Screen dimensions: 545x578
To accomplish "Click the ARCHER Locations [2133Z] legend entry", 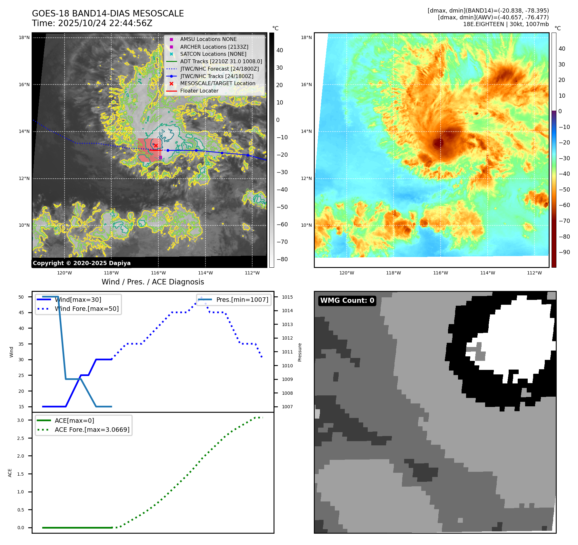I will pyautogui.click(x=214, y=47).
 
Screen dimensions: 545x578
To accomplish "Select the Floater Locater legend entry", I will pyautogui.click(x=199, y=91).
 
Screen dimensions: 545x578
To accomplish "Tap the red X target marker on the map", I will pyautogui.click(x=156, y=145).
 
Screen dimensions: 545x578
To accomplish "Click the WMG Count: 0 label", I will pyautogui.click(x=347, y=301).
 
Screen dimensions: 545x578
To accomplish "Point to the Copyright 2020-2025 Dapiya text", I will pyautogui.click(x=82, y=263).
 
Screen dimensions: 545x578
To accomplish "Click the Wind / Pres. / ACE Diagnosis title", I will pyautogui.click(x=153, y=282).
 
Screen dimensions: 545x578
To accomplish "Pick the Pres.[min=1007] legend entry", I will pyautogui.click(x=242, y=300).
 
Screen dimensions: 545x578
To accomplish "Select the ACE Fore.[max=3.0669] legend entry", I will pyautogui.click(x=92, y=430).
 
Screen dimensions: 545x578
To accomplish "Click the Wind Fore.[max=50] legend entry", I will pyautogui.click(x=86, y=309).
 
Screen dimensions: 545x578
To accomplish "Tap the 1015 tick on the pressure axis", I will pyautogui.click(x=287, y=297).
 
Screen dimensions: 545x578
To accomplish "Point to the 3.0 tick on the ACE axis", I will pyautogui.click(x=21, y=420).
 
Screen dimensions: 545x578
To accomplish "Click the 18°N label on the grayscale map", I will pyautogui.click(x=24, y=38).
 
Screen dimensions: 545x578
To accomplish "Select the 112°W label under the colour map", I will pyautogui.click(x=534, y=273).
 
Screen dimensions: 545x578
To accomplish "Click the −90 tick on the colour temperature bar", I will pyautogui.click(x=564, y=252).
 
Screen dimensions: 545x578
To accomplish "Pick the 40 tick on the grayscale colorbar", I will pyautogui.click(x=280, y=50).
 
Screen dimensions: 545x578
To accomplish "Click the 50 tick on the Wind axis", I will pyautogui.click(x=21, y=297).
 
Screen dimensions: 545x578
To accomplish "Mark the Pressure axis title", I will pyautogui.click(x=300, y=352).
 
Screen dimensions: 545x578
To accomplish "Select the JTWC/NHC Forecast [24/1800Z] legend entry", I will pyautogui.click(x=219, y=69).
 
